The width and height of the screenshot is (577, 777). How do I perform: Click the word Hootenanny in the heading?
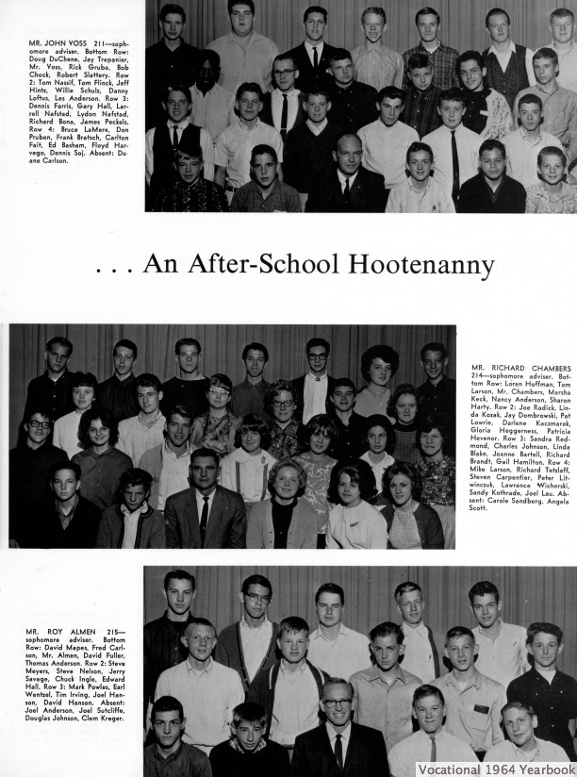(x=414, y=265)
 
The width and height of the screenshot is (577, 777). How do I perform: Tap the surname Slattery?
(x=109, y=76)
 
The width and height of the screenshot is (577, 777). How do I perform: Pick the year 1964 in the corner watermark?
(x=502, y=769)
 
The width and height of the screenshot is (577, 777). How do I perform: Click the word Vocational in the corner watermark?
(x=450, y=769)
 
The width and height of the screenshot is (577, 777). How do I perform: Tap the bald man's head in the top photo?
(x=348, y=147)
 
